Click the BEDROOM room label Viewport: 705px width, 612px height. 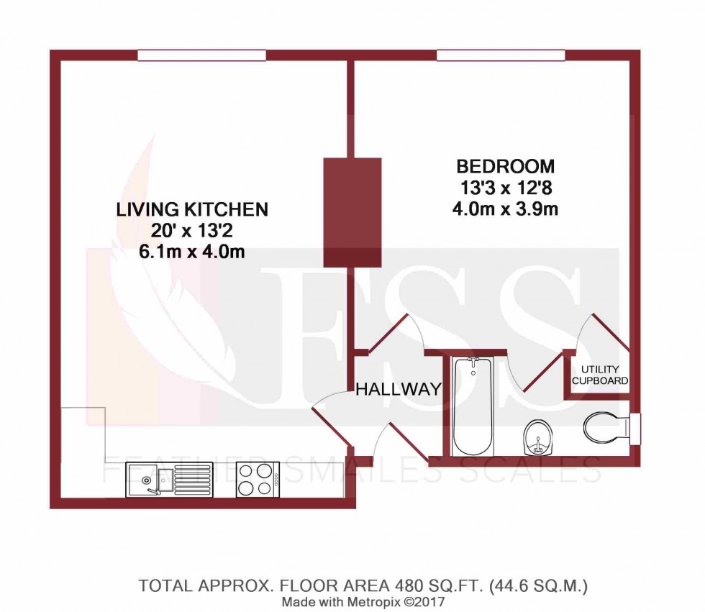506,167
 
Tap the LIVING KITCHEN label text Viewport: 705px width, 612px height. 192,210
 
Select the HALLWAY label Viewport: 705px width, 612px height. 398,390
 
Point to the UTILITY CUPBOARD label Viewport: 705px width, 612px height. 599,375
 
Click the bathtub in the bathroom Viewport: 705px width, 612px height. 471,406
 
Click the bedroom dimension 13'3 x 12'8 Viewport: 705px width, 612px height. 506,188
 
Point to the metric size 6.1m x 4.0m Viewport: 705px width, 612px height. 192,253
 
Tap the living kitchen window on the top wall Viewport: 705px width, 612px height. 201,55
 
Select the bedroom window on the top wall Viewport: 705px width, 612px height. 500,55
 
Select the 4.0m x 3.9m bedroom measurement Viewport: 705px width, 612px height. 506,210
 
